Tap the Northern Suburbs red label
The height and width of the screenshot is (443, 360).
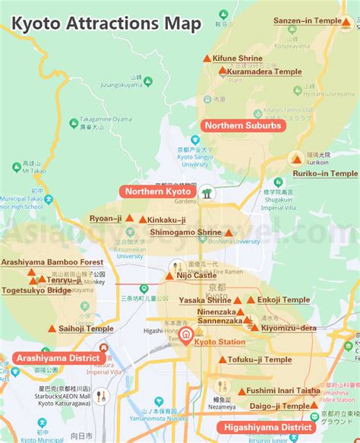(242, 125)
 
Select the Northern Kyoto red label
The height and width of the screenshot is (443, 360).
(159, 191)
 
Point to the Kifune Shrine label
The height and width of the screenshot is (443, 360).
(238, 59)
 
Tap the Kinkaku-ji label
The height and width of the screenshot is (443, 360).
(166, 219)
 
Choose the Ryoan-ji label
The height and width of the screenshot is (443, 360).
(106, 218)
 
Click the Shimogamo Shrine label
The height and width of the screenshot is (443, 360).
(185, 232)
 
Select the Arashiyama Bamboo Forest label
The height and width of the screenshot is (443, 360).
(52, 261)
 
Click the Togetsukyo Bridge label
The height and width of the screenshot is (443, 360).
(37, 290)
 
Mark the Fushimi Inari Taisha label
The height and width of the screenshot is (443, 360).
(282, 391)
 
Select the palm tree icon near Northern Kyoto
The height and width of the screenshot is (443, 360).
(207, 192)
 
